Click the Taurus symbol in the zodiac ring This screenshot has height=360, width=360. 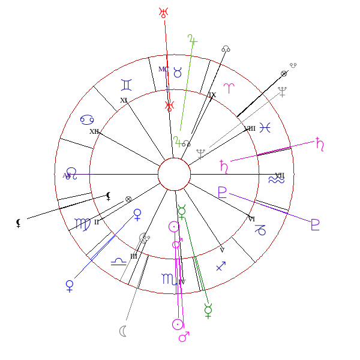tap(178, 72)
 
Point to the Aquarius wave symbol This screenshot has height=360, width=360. tap(277, 179)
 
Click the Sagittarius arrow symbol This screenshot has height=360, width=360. tap(221, 266)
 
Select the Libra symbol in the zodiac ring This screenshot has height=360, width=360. tap(119, 260)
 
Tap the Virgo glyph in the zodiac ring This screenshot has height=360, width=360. tap(82, 224)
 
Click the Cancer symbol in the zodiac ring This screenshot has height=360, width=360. tap(86, 119)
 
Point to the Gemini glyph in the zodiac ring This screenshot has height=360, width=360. tap(127, 83)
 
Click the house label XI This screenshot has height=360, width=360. tap(124, 100)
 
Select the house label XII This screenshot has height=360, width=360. tap(94, 131)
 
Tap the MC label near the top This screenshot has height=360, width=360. tap(163, 69)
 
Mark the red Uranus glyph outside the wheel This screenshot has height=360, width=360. tap(163, 12)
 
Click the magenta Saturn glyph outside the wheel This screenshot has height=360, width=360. tap(320, 143)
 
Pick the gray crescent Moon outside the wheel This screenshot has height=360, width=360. tap(122, 331)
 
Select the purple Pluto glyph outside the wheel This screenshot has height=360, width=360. tap(315, 225)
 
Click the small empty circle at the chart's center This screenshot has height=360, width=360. tap(174, 175)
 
